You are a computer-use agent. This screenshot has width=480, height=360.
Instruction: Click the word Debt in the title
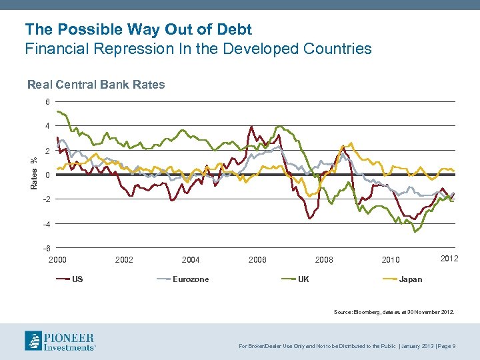(233, 29)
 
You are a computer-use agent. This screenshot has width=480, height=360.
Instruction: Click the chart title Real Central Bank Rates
(95, 85)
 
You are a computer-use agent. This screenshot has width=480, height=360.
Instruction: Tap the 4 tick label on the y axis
(47, 126)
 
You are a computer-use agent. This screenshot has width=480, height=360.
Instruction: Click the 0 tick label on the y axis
(47, 175)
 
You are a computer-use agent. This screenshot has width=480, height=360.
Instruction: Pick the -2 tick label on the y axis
(45, 199)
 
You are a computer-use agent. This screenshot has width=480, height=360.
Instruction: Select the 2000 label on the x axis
(57, 259)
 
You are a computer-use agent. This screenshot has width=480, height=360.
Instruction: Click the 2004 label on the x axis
(191, 259)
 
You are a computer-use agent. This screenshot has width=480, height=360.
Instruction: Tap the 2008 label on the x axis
(324, 259)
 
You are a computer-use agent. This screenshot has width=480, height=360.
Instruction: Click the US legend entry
(77, 279)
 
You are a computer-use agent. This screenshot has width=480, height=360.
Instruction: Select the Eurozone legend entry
(190, 279)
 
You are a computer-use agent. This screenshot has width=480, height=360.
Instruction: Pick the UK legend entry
(303, 279)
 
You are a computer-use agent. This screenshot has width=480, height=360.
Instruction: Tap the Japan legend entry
(410, 279)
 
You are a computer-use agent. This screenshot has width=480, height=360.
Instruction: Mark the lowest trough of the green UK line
(415, 231)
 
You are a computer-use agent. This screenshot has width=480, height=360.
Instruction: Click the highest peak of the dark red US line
(251, 127)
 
